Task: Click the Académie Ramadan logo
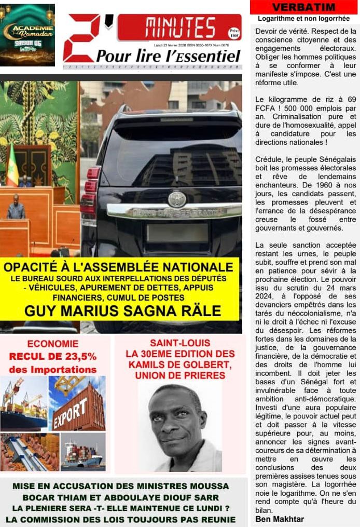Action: (28, 34)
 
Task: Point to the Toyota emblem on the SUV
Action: (177, 198)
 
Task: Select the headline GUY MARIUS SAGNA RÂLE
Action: (122, 311)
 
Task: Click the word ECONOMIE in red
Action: (53, 344)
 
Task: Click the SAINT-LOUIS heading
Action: (180, 343)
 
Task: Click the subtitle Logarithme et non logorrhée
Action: (303, 19)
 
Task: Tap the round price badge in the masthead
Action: (234, 33)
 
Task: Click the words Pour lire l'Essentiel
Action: (168, 56)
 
